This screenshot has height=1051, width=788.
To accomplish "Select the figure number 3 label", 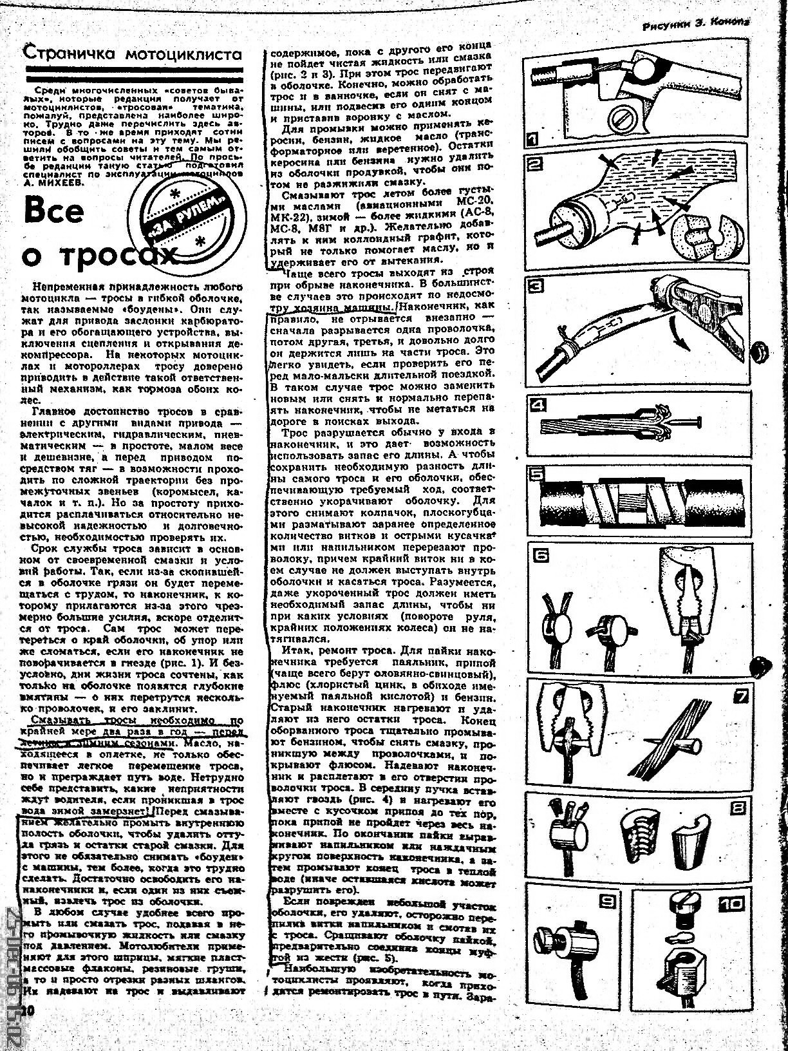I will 536,285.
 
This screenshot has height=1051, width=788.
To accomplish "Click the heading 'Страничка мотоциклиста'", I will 133,55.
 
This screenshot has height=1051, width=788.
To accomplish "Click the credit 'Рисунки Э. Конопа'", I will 697,26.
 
